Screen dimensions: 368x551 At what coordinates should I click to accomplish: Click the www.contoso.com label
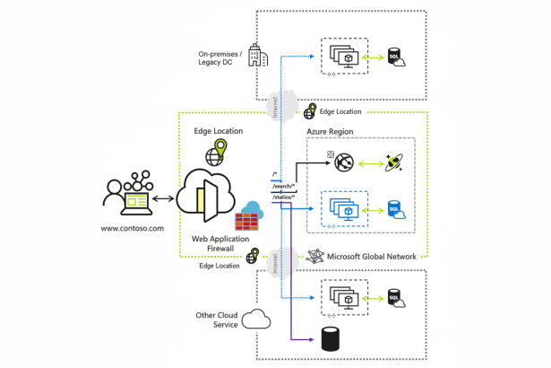[x=133, y=228]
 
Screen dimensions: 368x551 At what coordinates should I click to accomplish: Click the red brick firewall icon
[x=247, y=218]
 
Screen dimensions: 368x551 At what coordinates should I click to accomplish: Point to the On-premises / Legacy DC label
[x=220, y=59]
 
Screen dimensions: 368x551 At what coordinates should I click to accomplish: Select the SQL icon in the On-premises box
[x=393, y=56]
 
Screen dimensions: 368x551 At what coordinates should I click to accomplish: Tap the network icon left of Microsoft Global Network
[x=314, y=256]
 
